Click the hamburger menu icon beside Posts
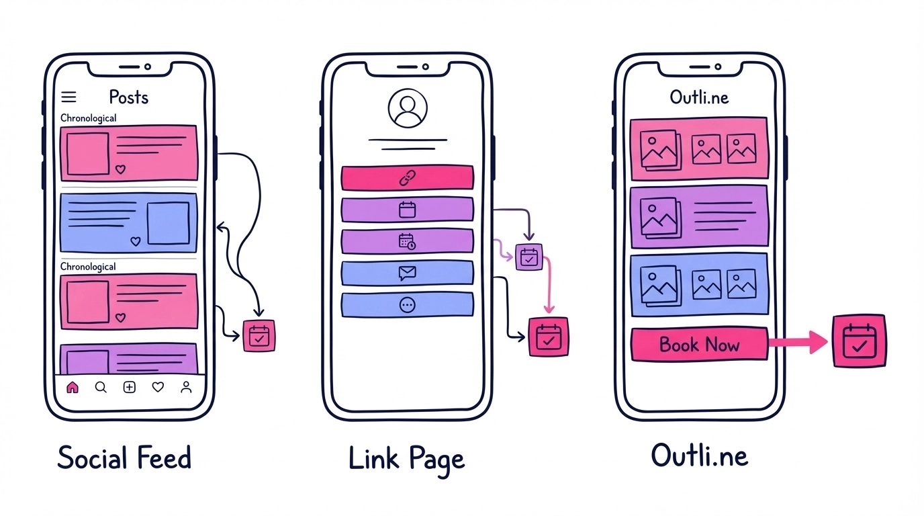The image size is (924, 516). tap(68, 97)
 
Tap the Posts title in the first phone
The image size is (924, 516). tap(128, 97)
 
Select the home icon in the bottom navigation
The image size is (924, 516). tap(73, 387)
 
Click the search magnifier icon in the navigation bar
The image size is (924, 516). tap(101, 387)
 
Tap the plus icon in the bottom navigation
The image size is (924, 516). tap(130, 387)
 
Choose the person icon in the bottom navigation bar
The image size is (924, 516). tap(186, 387)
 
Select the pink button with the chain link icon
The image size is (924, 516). tap(407, 178)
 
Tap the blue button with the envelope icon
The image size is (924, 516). tap(407, 273)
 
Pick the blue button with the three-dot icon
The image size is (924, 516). tap(407, 305)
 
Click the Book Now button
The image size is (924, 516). tap(699, 345)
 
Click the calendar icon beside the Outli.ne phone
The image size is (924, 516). tap(859, 341)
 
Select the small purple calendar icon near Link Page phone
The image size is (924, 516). tap(528, 257)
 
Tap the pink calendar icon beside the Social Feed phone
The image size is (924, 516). tap(259, 337)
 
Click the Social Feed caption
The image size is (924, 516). tap(124, 458)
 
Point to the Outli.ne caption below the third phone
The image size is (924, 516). tap(699, 456)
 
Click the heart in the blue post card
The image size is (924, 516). tap(136, 241)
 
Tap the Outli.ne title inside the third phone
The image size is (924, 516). tap(699, 97)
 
